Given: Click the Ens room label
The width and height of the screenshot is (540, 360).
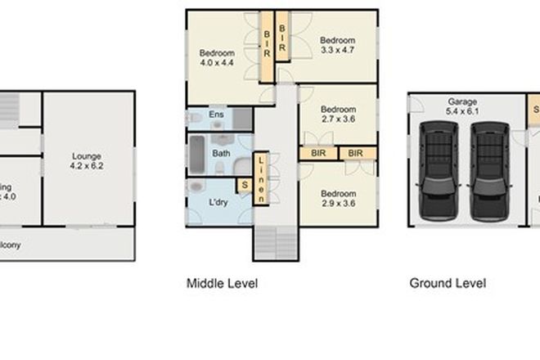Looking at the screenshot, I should tap(216, 115).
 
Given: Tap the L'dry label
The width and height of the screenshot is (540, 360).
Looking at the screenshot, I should tap(219, 200).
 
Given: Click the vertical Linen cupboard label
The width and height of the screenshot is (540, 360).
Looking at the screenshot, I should tap(261, 179).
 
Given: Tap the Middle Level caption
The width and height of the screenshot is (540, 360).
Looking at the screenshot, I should tap(223, 284).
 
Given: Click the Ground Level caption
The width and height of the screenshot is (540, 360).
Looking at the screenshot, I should tap(448, 284).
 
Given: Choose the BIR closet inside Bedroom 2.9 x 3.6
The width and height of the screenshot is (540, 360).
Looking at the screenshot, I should tap(355, 153).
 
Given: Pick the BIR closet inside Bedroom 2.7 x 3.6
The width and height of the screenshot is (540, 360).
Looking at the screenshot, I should tap(315, 153).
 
